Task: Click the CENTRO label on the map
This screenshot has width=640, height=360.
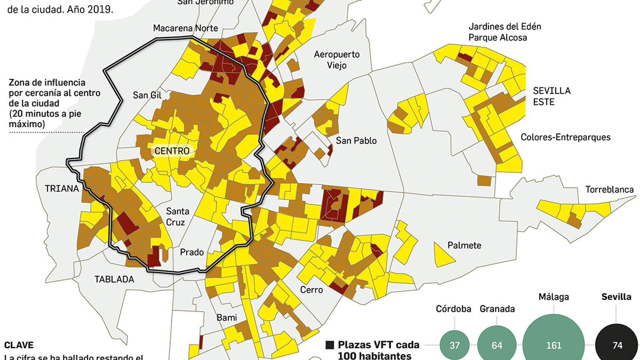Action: tap(172, 151)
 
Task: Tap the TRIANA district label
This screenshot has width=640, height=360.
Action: tap(62, 188)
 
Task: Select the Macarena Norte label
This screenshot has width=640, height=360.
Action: tap(186, 28)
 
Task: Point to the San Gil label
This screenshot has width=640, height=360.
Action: tap(147, 95)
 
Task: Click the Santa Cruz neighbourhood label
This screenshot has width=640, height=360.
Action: tap(177, 216)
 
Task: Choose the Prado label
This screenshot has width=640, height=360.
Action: tap(192, 252)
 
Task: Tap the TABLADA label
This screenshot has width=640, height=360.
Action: tap(114, 279)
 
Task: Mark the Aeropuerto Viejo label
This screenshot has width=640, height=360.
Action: tap(336, 60)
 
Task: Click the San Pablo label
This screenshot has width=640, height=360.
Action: tap(356, 141)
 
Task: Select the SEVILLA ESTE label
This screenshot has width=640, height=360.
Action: tap(551, 96)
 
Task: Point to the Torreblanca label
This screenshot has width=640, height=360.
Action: tap(609, 190)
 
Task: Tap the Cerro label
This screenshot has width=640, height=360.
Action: tap(311, 290)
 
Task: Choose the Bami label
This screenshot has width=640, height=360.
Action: tap(226, 318)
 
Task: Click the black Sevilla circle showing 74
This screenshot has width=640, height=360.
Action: tap(617, 345)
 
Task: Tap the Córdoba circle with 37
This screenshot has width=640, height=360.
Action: tap(454, 345)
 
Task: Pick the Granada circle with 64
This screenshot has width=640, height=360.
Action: tap(497, 345)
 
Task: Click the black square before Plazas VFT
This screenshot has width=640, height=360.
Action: tap(330, 345)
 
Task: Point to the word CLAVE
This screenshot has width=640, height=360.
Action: tap(19, 345)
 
